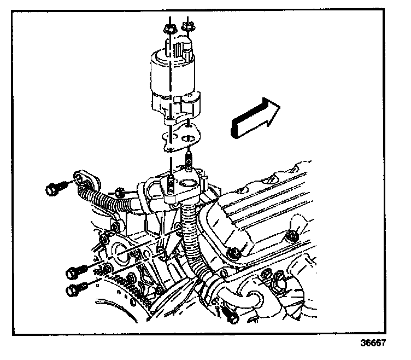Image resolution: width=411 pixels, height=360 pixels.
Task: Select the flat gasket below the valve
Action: coord(180,138)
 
